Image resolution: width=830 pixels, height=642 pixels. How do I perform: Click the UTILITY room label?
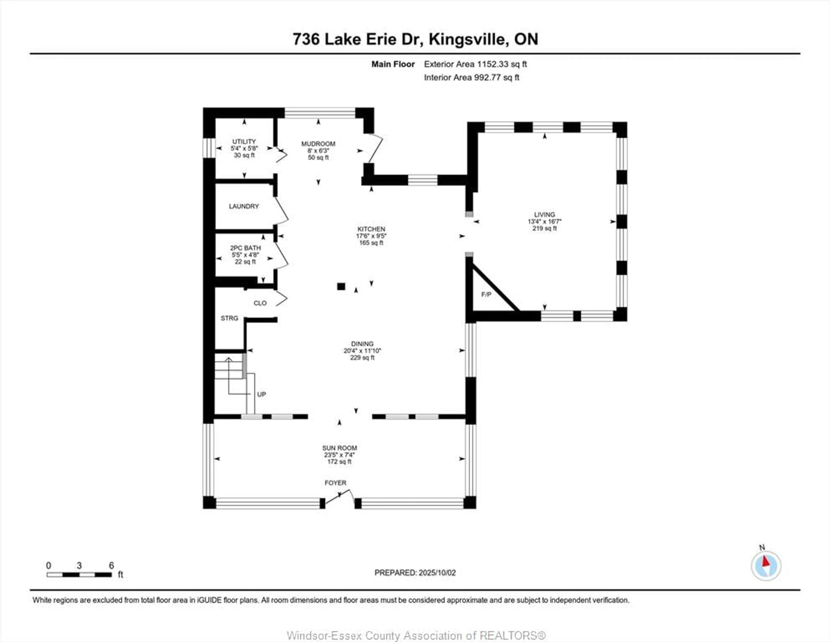(x=244, y=141)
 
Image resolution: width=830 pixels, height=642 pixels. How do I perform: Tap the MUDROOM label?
(x=318, y=144)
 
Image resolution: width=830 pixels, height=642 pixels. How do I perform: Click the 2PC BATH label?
(x=246, y=248)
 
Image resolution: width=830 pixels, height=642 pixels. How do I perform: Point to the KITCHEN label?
(x=371, y=229)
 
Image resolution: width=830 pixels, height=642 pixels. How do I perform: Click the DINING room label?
(x=362, y=344)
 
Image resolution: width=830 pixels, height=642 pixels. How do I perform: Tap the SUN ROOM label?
(x=339, y=448)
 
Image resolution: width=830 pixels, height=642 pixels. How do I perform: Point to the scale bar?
(x=79, y=575)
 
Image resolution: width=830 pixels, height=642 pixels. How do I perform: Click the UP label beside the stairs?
(x=262, y=394)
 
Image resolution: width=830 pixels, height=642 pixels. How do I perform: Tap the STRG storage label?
(x=230, y=318)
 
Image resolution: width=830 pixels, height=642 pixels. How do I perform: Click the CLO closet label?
(x=260, y=303)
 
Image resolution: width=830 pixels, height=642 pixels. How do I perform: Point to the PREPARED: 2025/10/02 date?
(x=415, y=572)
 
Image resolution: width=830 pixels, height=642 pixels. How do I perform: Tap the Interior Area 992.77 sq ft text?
(x=472, y=78)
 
